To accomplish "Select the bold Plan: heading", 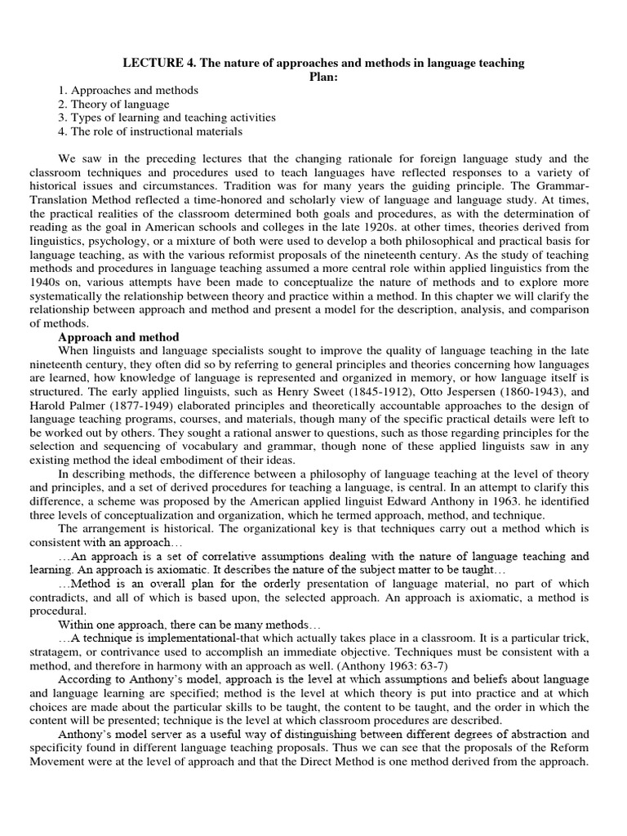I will click(x=323, y=77).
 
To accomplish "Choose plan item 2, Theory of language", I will click(x=113, y=104).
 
